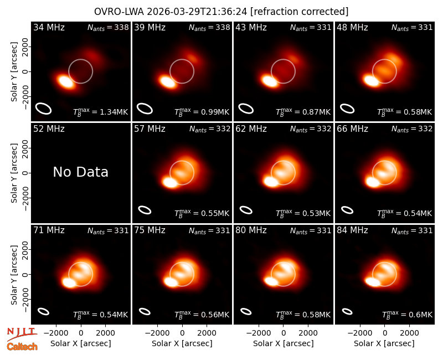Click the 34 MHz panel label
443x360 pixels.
click(x=49, y=27)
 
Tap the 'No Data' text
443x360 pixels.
click(x=80, y=172)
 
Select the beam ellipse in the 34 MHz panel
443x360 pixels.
click(x=43, y=108)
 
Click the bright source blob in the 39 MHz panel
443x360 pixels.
click(x=167, y=81)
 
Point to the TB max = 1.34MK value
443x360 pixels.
click(x=101, y=112)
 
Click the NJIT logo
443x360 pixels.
click(x=21, y=333)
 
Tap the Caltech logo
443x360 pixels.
click(x=22, y=347)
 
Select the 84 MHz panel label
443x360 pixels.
click(x=352, y=230)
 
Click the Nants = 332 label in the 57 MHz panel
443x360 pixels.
click(x=210, y=129)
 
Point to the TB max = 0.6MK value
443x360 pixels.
click(x=407, y=315)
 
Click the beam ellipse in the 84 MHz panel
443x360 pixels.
click(x=347, y=311)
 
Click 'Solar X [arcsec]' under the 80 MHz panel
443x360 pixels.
click(x=283, y=343)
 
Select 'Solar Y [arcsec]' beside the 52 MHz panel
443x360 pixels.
click(x=14, y=173)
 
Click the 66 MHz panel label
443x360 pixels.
click(x=352, y=129)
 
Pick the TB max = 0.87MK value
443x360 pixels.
click(x=303, y=112)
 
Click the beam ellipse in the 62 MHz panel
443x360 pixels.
click(x=246, y=210)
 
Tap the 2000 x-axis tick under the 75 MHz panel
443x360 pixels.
click(x=207, y=333)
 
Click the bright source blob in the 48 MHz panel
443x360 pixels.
click(x=371, y=80)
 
